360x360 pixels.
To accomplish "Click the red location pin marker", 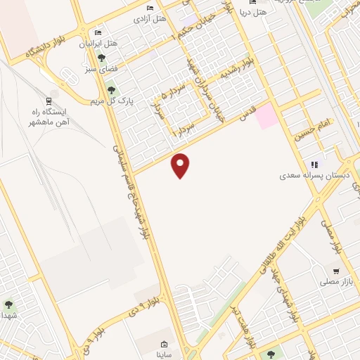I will point(181,165).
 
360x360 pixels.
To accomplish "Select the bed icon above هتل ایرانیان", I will point(98,34).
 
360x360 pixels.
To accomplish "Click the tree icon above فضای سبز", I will point(102,59).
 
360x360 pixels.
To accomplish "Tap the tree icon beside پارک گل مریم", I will point(110,90).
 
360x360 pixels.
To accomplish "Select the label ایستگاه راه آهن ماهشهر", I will point(64,116).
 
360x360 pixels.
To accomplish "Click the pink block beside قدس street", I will point(266,115).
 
